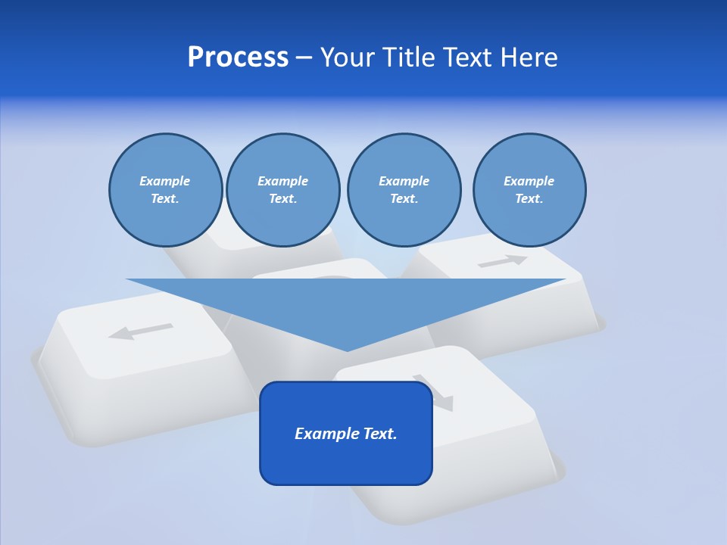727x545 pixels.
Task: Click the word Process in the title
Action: pyautogui.click(x=238, y=58)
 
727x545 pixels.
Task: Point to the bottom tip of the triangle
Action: pyautogui.click(x=347, y=350)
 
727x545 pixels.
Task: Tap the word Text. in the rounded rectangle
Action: pyautogui.click(x=378, y=434)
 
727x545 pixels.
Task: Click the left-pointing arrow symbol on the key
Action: pyautogui.click(x=141, y=332)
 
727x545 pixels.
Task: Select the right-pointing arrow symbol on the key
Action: pyautogui.click(x=502, y=261)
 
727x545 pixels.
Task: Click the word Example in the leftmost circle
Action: pyautogui.click(x=165, y=181)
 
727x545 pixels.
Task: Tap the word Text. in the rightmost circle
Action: pyautogui.click(x=529, y=198)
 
